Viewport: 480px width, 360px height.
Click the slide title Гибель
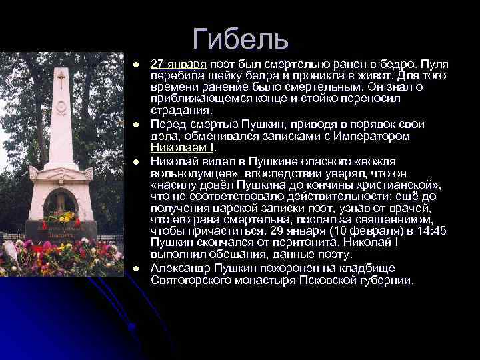241,39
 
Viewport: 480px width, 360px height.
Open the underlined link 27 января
179,64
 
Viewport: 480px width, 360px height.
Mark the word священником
386,219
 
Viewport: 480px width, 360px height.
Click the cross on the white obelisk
61,80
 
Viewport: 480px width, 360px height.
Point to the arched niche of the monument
59,203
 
